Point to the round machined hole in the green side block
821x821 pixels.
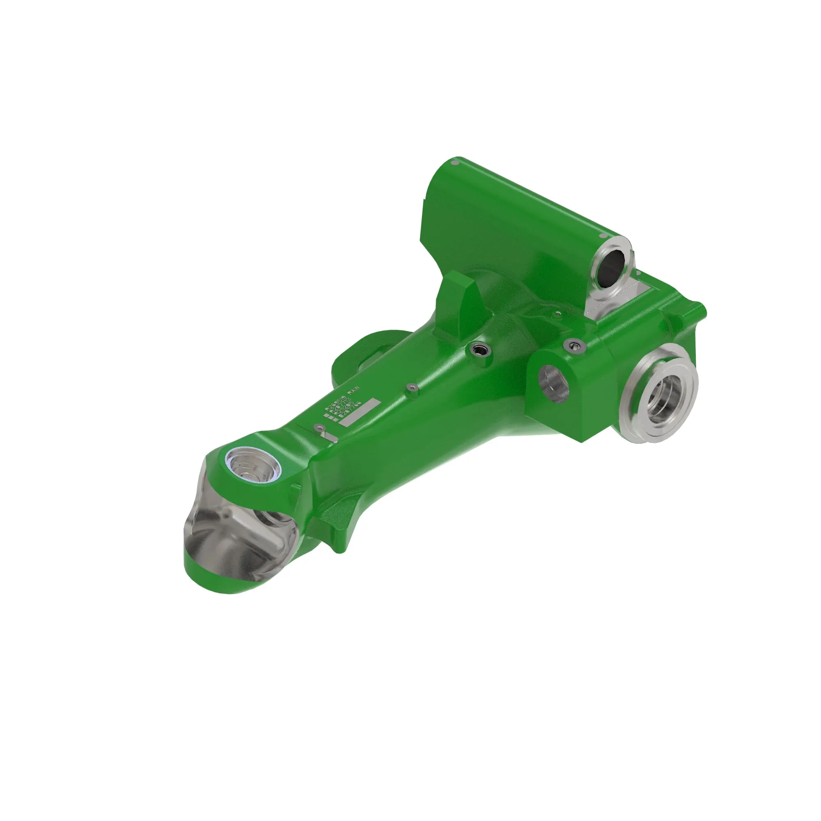[553, 384]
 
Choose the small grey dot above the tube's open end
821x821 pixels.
[602, 235]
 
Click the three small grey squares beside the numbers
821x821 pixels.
[331, 419]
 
